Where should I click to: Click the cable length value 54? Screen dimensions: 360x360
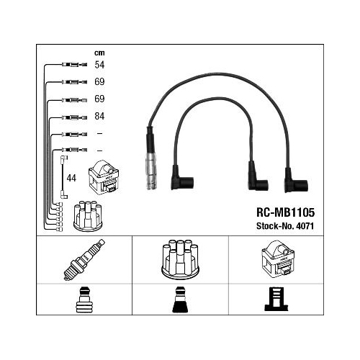pos(99,65)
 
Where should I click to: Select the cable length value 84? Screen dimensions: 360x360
pos(99,116)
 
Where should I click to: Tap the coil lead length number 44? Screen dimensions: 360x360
pos(71,178)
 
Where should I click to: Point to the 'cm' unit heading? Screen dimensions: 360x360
pos(99,53)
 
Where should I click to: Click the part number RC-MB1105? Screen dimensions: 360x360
pos(285,212)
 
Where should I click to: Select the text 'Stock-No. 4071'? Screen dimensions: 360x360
pos(285,226)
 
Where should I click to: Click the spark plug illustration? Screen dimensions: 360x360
pos(84,259)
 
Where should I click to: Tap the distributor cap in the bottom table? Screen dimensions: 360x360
pos(180,259)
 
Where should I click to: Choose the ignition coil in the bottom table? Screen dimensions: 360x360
pos(278,258)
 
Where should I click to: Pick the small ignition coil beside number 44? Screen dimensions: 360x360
pos(104,177)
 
